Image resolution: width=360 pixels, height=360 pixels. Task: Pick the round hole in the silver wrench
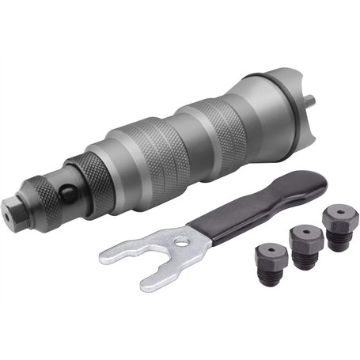click(182, 236)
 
